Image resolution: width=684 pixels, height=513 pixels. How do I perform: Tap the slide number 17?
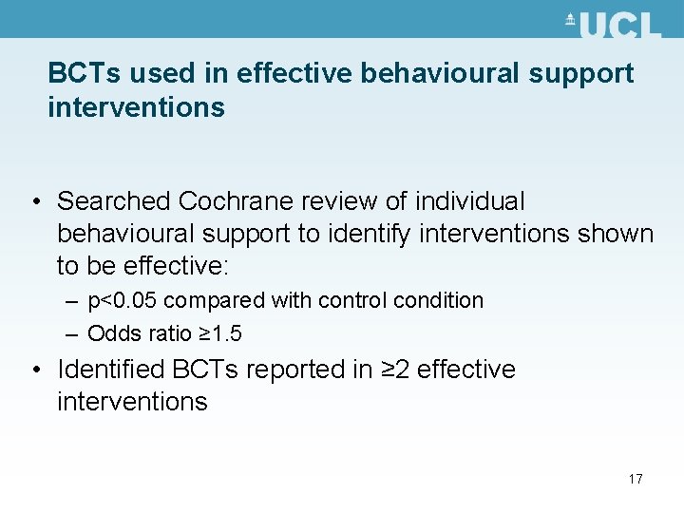[x=635, y=479]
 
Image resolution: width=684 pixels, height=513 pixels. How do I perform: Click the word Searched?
[x=114, y=201]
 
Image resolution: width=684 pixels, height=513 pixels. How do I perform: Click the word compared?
[x=216, y=301]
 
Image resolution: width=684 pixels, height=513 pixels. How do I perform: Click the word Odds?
[x=109, y=333]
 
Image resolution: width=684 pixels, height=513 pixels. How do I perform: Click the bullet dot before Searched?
[x=33, y=202]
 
